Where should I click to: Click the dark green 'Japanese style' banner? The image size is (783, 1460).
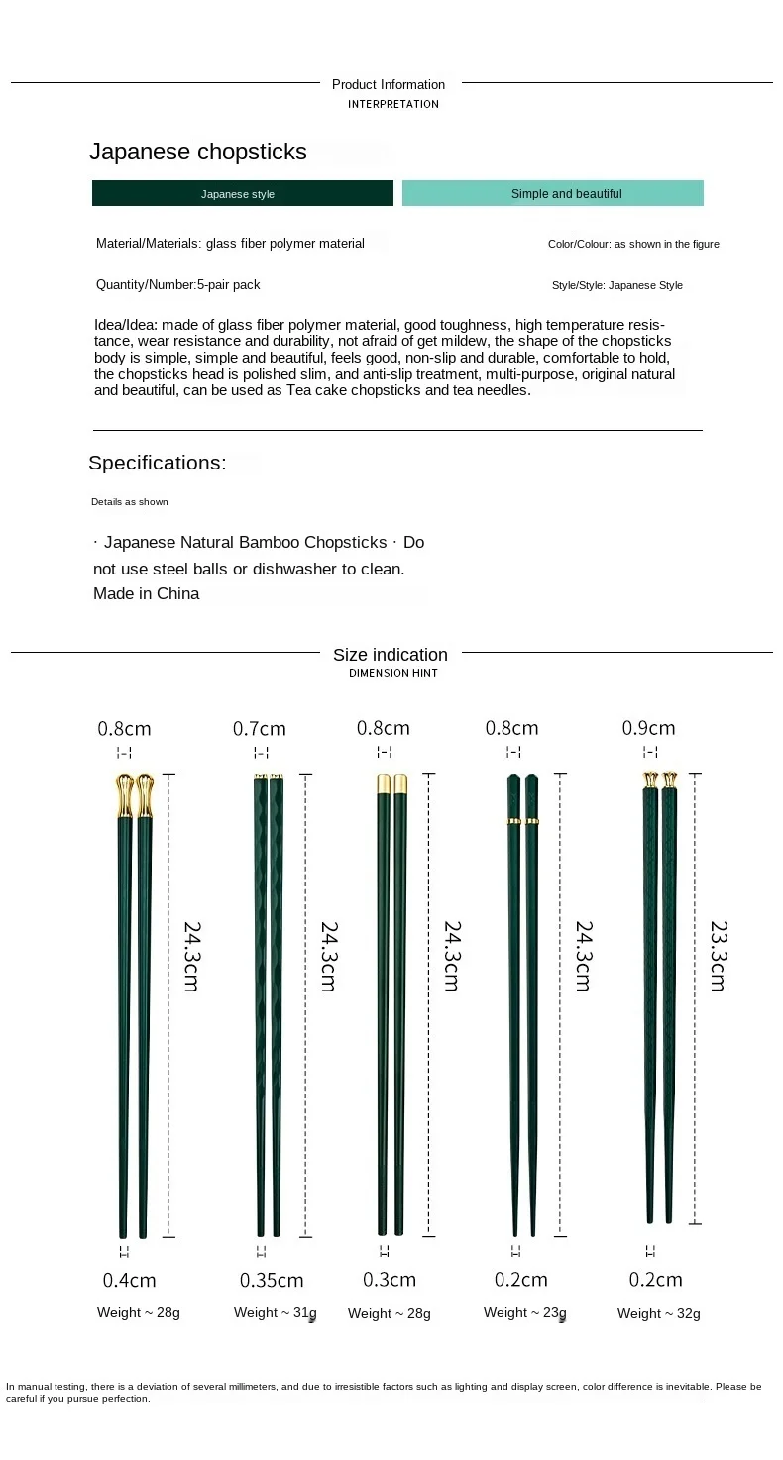coord(242,193)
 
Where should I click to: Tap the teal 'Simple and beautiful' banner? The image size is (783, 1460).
coord(552,193)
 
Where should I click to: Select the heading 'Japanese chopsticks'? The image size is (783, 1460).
coord(198,152)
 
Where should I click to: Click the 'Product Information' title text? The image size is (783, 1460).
coord(389,84)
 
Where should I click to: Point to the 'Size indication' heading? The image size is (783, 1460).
coord(391,654)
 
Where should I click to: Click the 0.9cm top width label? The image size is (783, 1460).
coord(648,728)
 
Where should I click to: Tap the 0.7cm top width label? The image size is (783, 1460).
coord(260,729)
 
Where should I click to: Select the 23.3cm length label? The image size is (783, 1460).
coord(718,956)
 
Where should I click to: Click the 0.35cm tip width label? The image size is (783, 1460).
coord(272,1280)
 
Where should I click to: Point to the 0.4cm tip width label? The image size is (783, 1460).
coord(130,1280)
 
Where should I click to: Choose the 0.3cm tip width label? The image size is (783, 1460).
coord(390,1279)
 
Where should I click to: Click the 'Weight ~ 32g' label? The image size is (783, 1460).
coord(659,1313)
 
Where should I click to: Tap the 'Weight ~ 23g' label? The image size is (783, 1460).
coord(525,1312)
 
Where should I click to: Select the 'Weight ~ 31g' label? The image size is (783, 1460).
coord(276,1312)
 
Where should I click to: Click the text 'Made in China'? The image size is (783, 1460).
coord(147,593)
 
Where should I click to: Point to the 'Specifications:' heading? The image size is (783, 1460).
coord(158,463)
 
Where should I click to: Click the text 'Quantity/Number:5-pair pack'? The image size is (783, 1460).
coord(178,284)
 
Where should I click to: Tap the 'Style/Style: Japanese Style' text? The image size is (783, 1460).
coord(617,285)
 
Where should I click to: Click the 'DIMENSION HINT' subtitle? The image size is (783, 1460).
coord(393,673)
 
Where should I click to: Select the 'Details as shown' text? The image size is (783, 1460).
coord(130,502)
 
